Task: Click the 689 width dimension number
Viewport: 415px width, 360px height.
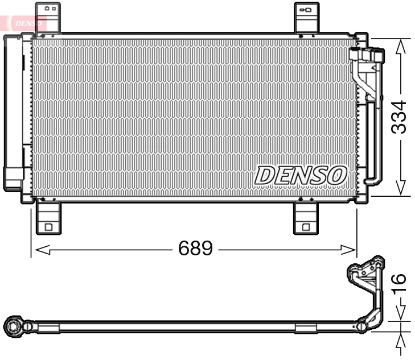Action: click(x=195, y=249)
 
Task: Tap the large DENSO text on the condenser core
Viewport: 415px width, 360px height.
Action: click(x=300, y=175)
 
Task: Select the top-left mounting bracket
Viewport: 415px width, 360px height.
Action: click(x=48, y=17)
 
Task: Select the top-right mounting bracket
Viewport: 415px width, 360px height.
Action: click(x=306, y=17)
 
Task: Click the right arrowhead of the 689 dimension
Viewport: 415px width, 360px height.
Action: click(x=350, y=249)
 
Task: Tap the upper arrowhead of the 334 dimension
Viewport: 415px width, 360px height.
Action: click(x=401, y=45)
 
